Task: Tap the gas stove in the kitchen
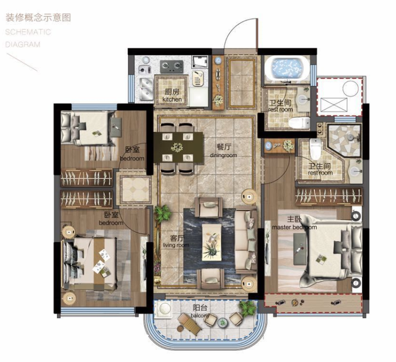(171, 66)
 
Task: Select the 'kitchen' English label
(172, 99)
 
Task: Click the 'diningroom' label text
(224, 155)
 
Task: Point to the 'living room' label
(176, 245)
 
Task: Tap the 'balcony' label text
(200, 316)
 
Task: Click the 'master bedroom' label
(294, 227)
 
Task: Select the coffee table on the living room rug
(212, 243)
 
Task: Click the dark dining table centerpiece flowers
(177, 147)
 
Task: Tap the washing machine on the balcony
(164, 309)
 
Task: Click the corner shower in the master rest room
(344, 140)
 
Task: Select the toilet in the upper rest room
(299, 123)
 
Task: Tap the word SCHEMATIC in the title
(28, 32)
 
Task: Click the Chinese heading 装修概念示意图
(38, 18)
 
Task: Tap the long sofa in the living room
(246, 240)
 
